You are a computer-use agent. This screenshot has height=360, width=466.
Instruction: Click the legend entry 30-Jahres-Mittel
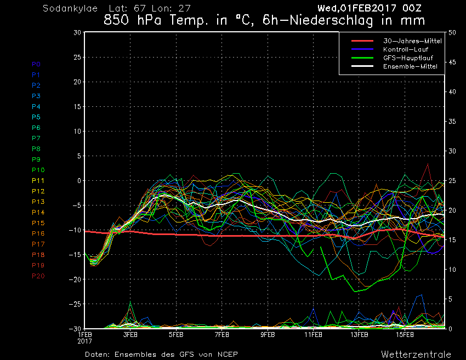412,41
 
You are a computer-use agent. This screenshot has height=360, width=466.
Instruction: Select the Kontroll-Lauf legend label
406,49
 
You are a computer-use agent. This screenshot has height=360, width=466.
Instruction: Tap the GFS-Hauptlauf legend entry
408,58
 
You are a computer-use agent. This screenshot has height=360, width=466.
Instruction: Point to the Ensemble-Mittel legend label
410,66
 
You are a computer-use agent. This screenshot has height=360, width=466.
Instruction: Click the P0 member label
36,64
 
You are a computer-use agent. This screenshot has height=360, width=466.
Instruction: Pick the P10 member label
38,170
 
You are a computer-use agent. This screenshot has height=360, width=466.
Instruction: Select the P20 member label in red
38,276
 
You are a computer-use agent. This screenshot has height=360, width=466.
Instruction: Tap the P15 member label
38,223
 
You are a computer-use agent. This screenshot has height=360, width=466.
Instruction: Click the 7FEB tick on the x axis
221,335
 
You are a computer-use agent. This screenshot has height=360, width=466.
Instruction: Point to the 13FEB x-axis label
359,335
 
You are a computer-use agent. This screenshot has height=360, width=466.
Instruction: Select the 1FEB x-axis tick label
85,335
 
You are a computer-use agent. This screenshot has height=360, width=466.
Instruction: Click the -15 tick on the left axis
75,255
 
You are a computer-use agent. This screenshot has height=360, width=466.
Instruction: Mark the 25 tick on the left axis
77,57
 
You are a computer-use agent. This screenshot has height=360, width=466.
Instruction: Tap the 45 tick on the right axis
452,62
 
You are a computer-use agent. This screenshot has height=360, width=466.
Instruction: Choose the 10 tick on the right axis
452,270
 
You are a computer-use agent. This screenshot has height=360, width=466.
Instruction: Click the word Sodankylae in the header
70,9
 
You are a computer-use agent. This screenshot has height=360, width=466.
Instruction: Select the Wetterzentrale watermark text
416,355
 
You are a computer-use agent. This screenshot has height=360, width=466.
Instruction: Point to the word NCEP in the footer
228,355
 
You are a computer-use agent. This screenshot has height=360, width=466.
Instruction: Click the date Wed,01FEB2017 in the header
357,8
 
